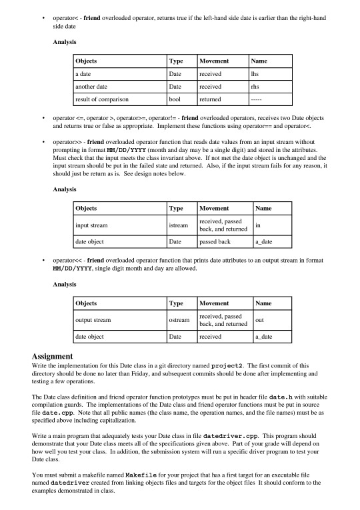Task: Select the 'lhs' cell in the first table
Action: [254, 74]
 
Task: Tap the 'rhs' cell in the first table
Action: [254, 87]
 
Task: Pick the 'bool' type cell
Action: [176, 99]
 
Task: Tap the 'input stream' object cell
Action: [94, 225]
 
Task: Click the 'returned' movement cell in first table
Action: [211, 99]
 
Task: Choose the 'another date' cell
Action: [95, 87]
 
